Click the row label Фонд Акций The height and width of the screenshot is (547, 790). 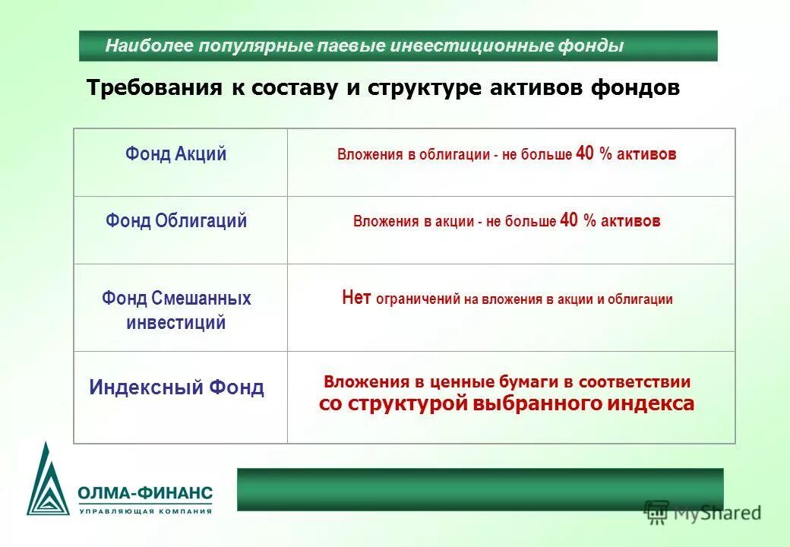click(176, 154)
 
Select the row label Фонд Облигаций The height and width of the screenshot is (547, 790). click(176, 221)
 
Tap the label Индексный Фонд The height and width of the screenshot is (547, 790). click(176, 388)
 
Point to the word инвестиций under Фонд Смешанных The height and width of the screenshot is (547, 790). click(176, 323)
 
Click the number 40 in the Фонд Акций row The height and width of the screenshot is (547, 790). click(585, 153)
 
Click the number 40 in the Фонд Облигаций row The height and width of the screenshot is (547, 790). click(569, 220)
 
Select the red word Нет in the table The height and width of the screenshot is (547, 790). click(355, 298)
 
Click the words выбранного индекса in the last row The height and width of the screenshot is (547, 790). click(583, 404)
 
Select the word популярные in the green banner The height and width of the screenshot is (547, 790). click(255, 46)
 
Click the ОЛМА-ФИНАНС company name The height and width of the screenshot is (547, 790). click(144, 493)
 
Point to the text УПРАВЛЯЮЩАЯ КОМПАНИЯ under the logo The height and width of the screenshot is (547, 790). click(144, 511)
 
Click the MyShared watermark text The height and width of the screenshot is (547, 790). click(714, 514)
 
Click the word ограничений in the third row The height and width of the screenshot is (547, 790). click(416, 299)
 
